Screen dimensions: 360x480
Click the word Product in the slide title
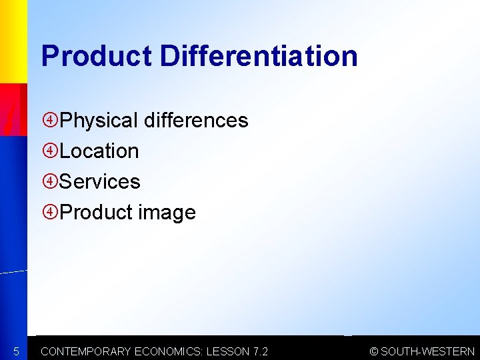(96, 56)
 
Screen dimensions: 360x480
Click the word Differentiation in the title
(259, 56)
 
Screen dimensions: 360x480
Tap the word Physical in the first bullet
(99, 121)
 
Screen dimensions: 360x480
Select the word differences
(196, 121)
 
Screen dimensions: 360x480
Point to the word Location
(99, 151)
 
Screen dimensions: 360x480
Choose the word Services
(100, 182)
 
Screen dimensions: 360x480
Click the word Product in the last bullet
(97, 213)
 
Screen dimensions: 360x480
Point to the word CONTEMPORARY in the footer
(86, 351)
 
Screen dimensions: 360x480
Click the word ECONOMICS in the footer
(169, 351)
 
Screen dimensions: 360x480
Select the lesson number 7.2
(260, 351)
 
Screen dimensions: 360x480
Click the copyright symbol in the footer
(374, 351)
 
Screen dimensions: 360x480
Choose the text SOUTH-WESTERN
(428, 351)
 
